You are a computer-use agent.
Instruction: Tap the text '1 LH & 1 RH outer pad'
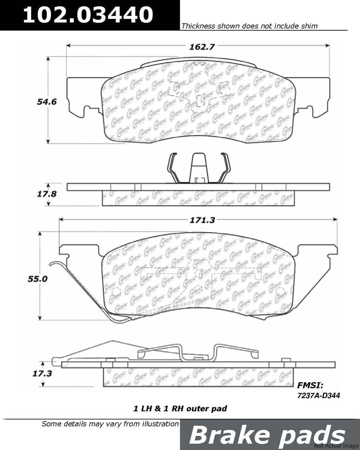(x=180, y=409)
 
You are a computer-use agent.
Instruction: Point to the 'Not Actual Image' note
(x=340, y=446)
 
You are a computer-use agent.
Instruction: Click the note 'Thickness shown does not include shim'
(x=249, y=26)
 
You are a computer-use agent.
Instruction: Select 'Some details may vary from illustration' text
(x=110, y=424)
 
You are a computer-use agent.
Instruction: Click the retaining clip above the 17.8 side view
(x=199, y=167)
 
